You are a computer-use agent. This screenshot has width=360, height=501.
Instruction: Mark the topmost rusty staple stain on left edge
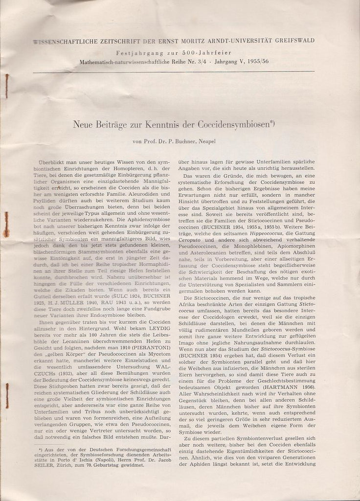point(6,83)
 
